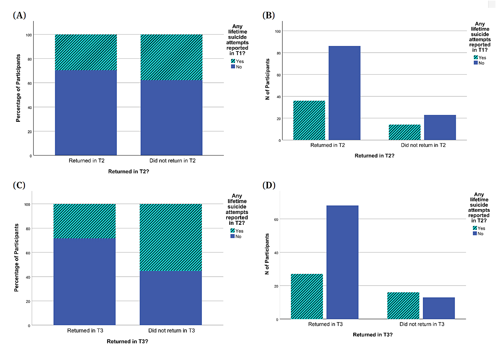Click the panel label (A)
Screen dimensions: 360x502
click(x=19, y=15)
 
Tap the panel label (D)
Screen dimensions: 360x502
click(x=269, y=185)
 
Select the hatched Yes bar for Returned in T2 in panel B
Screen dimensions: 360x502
click(x=309, y=120)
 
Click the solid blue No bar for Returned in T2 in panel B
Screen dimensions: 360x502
click(x=344, y=93)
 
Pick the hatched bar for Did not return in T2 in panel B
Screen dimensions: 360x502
click(x=404, y=132)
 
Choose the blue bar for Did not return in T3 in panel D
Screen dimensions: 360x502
click(x=439, y=308)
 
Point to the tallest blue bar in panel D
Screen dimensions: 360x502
click(x=342, y=262)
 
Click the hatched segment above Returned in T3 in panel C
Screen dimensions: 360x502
click(x=85, y=221)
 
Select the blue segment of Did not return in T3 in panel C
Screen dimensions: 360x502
click(x=171, y=298)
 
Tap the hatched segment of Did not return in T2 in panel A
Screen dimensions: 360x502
click(x=171, y=57)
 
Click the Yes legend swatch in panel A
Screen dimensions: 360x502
click(x=233, y=61)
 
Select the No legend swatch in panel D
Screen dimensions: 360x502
click(x=475, y=234)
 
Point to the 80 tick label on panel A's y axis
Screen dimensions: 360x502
click(x=30, y=59)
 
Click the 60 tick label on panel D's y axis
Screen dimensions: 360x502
click(x=276, y=220)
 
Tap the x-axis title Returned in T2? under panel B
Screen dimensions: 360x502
click(x=374, y=156)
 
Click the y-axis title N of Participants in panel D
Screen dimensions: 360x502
click(x=267, y=254)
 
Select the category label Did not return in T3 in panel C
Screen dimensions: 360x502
click(x=171, y=331)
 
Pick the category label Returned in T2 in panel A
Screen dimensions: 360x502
click(x=86, y=161)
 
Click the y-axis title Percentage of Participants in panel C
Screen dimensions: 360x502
click(x=16, y=258)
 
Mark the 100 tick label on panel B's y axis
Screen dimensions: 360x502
click(x=278, y=32)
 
